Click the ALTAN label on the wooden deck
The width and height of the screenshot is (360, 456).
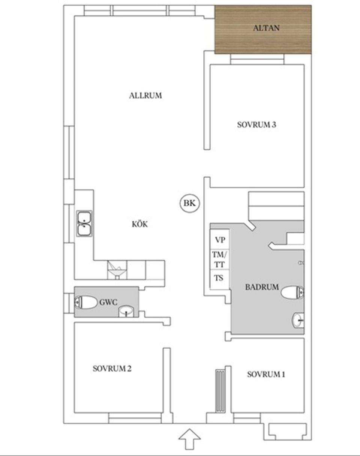click(266, 28)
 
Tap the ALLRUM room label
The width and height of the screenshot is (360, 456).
click(145, 95)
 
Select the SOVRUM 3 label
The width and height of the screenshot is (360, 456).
click(256, 125)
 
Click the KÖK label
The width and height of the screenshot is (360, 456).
click(140, 224)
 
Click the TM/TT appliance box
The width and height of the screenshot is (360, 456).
click(219, 259)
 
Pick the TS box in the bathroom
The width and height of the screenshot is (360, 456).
click(219, 278)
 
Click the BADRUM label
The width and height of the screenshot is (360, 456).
click(262, 287)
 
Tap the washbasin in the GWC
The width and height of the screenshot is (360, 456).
click(126, 312)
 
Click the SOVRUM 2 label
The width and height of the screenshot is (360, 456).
click(112, 369)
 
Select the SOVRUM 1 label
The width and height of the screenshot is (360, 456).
click(266, 374)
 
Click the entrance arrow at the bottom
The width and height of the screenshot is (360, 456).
click(189, 438)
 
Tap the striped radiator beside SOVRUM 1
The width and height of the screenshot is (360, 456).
click(220, 390)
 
